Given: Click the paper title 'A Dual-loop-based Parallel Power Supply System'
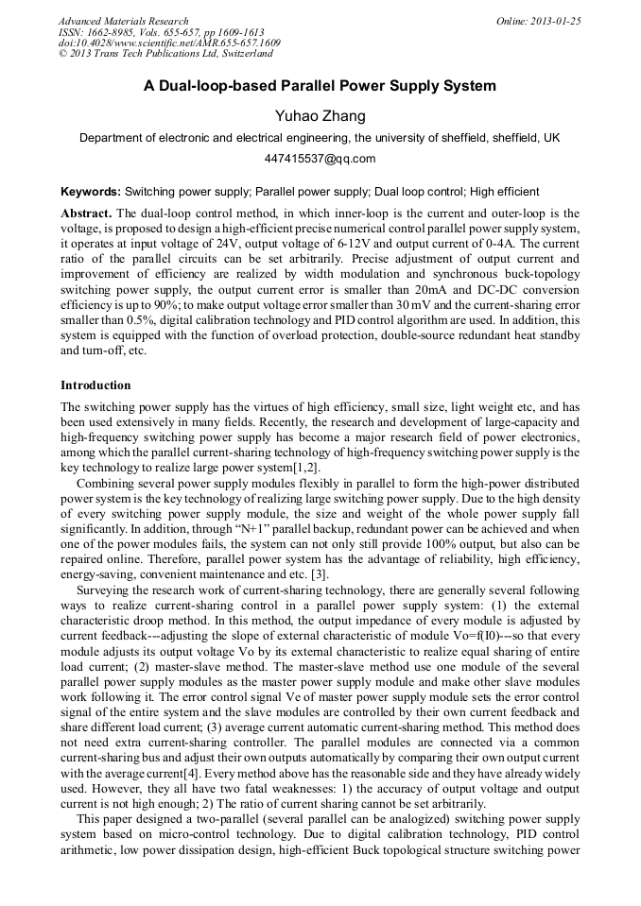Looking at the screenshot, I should click(320, 86).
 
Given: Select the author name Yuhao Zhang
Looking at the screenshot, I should click(320, 116).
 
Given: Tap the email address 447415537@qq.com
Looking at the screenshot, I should click(320, 159).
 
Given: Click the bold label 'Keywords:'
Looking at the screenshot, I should click(91, 191).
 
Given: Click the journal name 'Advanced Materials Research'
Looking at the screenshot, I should click(123, 21).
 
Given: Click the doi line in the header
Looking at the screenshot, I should click(169, 43).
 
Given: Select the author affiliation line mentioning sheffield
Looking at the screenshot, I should click(320, 138).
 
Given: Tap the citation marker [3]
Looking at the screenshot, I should click(320, 575).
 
